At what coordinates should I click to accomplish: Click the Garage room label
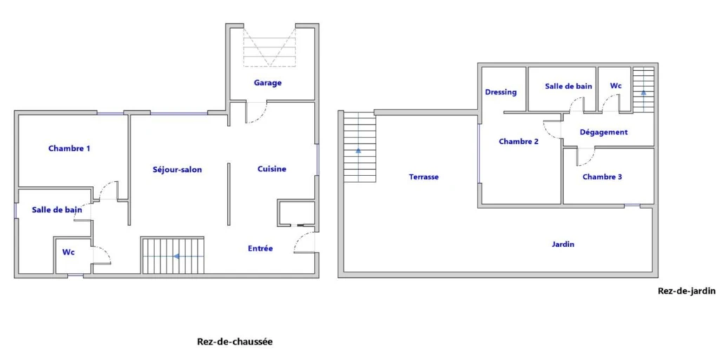268,83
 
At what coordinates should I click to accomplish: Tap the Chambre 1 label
70,148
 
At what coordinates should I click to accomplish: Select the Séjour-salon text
177,169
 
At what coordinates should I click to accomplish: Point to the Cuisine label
272,169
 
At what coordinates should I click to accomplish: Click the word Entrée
260,248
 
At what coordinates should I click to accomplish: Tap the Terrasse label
423,177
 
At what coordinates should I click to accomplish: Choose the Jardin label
562,244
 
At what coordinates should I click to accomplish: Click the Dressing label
501,92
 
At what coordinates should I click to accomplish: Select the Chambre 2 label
519,142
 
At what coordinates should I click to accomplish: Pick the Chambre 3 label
602,177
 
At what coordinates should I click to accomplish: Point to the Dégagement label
603,133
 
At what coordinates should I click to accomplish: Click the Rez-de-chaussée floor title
235,342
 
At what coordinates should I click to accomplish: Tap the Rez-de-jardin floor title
687,291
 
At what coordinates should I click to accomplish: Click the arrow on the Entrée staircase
176,256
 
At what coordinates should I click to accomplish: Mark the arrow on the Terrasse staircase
358,149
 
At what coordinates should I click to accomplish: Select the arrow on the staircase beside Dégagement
643,92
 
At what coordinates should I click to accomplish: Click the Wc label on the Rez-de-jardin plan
616,86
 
